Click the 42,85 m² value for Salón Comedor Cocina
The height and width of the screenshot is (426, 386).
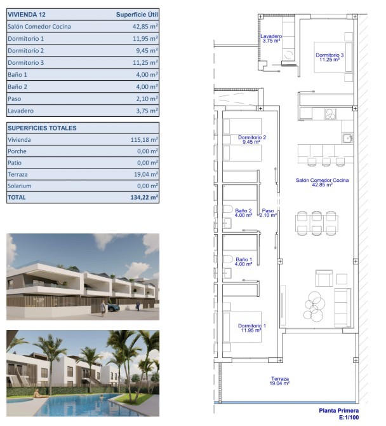(145, 27)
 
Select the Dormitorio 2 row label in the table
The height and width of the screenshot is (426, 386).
(26, 51)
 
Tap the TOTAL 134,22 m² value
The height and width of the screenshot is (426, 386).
(144, 198)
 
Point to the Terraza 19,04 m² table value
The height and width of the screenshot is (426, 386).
(146, 174)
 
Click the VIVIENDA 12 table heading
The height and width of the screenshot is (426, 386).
(27, 15)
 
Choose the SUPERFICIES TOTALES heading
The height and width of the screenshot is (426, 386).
(42, 128)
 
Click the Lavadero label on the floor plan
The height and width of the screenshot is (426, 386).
(271, 36)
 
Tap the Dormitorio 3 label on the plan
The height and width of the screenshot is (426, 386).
(329, 55)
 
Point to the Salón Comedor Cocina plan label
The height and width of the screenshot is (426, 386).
(323, 180)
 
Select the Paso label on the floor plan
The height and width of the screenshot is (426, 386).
(268, 210)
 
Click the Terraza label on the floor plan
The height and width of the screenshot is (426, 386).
(280, 378)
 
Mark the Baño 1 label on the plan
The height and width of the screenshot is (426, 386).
(244, 259)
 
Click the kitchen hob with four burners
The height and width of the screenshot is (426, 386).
(330, 114)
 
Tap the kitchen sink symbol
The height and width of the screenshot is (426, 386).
(347, 138)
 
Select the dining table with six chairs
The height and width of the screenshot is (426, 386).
(317, 223)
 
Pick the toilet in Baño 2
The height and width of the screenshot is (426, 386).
(228, 209)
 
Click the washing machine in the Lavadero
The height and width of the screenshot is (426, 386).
(289, 55)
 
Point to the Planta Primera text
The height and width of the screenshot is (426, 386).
(339, 411)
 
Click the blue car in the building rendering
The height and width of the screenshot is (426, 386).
(113, 308)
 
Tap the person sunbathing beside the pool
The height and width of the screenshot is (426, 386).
(39, 394)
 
